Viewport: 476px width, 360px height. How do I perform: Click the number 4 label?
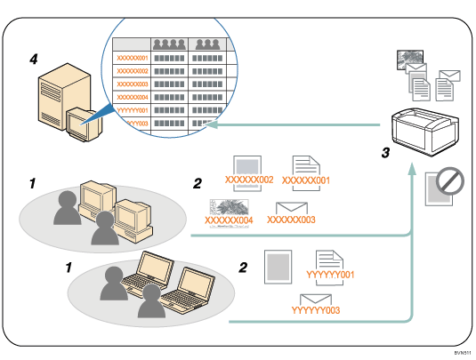coord(33,60)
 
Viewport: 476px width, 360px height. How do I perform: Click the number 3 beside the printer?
coord(384,153)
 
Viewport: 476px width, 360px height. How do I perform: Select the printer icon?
coord(425,125)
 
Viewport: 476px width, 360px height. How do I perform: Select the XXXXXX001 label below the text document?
coord(306,180)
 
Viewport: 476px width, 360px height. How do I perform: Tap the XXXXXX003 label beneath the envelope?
coord(294,219)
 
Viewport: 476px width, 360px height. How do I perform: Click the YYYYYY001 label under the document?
coord(330,275)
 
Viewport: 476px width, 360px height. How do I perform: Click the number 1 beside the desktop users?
coord(32,183)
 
